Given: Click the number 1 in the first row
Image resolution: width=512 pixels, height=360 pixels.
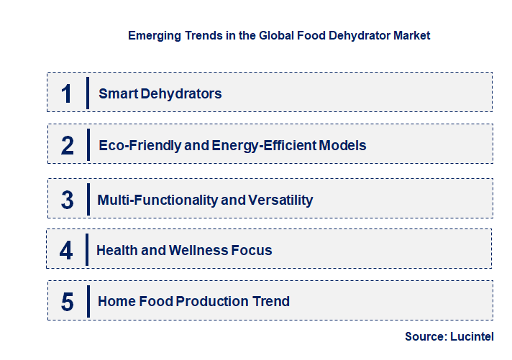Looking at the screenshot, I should click(67, 93).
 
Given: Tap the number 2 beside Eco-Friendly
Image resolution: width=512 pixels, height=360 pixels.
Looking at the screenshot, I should click(67, 146).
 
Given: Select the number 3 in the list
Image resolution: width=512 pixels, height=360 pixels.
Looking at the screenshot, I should click(67, 200).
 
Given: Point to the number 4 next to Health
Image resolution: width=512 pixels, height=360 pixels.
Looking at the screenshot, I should click(66, 251).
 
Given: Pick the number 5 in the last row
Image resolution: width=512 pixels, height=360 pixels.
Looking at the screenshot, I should click(67, 302).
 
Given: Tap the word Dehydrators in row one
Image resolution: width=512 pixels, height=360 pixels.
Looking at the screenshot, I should click(180, 93).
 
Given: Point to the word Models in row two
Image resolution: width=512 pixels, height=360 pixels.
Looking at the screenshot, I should click(344, 146).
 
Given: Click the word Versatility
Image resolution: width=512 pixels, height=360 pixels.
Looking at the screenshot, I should click(281, 200).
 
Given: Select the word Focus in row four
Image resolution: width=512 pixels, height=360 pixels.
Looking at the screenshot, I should click(252, 251).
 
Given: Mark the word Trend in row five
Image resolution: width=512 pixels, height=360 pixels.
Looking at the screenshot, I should click(271, 302).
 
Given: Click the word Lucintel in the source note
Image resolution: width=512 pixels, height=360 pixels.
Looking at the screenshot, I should click(472, 336).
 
